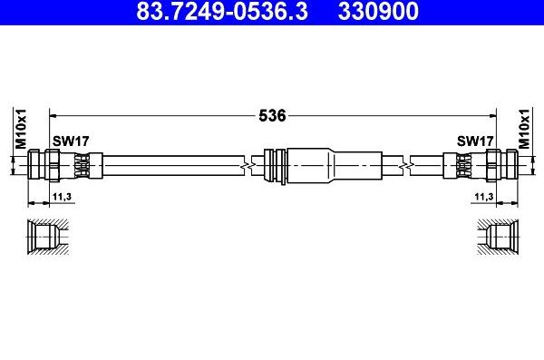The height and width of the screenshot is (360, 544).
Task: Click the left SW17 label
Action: (x=71, y=141)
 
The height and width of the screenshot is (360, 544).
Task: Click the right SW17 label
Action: (x=474, y=141)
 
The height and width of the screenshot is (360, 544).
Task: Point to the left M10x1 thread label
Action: (x=17, y=127)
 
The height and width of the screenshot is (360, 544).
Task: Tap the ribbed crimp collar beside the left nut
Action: (x=83, y=165)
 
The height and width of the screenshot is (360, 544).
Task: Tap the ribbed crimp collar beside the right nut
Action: (x=461, y=165)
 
